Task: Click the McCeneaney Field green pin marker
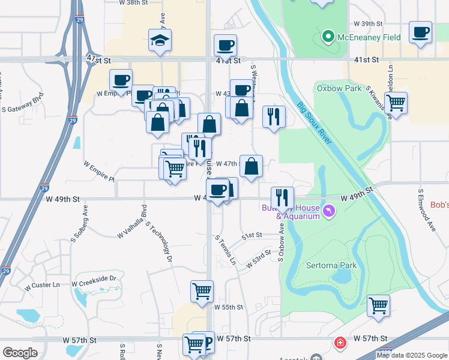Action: click(x=328, y=37)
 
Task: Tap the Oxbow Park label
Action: click(x=339, y=88)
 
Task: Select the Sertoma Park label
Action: click(x=331, y=265)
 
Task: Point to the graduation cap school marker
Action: click(x=160, y=41)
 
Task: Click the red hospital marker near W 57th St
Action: click(x=340, y=343)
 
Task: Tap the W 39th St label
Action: click(x=368, y=23)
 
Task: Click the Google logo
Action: click(x=20, y=353)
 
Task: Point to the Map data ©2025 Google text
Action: click(x=411, y=355)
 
